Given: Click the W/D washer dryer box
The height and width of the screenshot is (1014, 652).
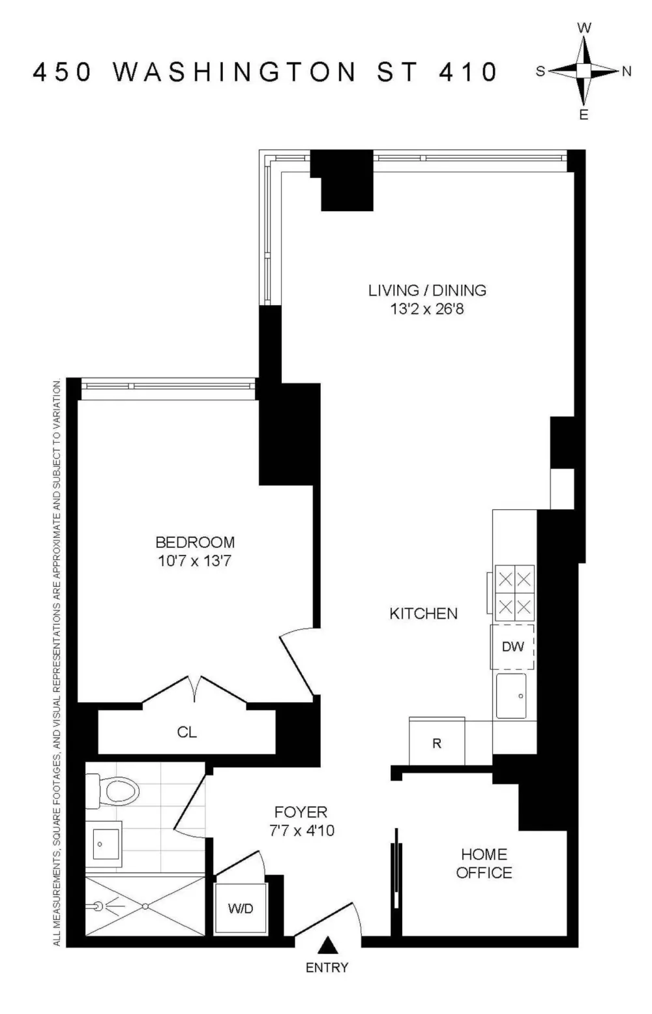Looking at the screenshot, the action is pos(240,908).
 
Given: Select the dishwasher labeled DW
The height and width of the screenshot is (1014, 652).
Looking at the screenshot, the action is pos(512,646).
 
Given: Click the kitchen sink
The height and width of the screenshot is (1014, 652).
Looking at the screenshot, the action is pos(511,696).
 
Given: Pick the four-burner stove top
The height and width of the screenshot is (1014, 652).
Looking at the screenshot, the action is pos(515,593).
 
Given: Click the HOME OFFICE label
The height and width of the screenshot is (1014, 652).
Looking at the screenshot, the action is pos(484,863).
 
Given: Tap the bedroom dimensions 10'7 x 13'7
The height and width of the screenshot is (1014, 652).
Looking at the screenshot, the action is pos(194,561).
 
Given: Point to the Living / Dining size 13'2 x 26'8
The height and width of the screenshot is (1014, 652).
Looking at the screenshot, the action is pos(427,310).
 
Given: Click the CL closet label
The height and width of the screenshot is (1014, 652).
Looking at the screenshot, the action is pos(187,732).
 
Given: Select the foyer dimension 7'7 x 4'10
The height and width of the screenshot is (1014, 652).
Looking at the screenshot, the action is pos(302,831).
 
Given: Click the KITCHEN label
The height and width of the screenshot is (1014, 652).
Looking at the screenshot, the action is pos(424,614).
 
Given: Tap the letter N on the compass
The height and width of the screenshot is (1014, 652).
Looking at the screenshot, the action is pos(627,72).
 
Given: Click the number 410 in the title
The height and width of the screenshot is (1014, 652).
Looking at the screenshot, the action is pos(467,72).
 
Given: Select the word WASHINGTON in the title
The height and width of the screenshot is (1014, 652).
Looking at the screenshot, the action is pos(234,72).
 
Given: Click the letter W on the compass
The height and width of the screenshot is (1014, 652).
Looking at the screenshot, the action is pos(584,28).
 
